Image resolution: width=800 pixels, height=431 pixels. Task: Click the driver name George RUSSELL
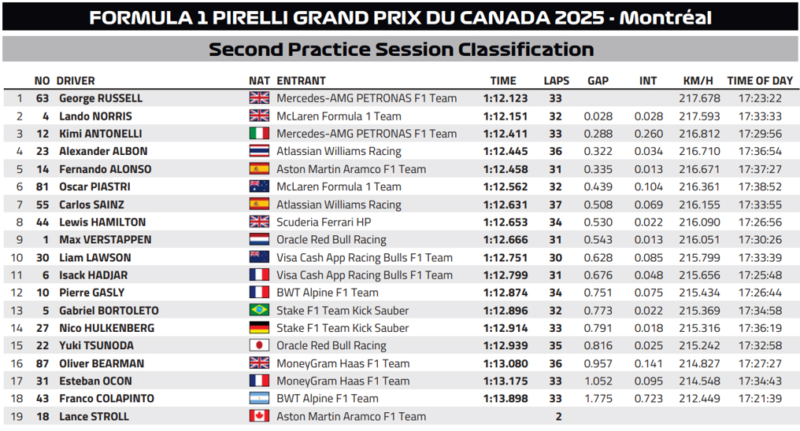(101, 98)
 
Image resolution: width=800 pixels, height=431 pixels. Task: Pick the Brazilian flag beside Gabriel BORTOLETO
(259, 311)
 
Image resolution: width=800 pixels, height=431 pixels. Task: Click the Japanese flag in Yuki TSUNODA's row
(259, 346)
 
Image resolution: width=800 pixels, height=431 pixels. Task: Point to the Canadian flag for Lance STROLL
(259, 417)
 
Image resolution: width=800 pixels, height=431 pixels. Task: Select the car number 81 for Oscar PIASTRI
(43, 187)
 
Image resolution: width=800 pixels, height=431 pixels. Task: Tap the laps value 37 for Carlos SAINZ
(556, 204)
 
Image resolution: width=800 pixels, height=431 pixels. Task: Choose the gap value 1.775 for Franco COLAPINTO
(598, 399)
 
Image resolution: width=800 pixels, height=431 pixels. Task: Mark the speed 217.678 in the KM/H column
(699, 98)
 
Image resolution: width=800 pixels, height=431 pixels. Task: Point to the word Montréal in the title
(666, 17)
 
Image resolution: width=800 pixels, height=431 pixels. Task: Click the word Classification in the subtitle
(523, 50)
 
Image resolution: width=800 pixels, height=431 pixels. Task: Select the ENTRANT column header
(301, 80)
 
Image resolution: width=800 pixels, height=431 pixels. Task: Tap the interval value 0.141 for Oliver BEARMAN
(648, 363)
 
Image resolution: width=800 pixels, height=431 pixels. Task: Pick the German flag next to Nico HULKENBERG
(259, 328)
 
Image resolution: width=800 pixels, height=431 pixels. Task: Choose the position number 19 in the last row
(17, 417)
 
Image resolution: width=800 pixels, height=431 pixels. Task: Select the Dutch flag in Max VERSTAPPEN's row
(259, 240)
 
